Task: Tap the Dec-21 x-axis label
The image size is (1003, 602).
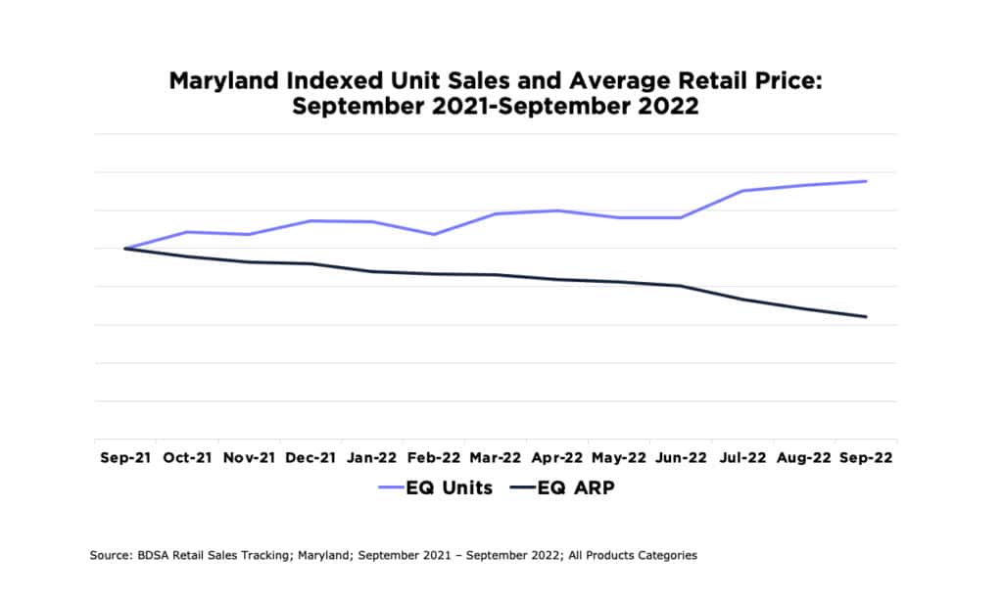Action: pos(310,457)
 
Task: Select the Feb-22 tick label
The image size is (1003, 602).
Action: pos(434,457)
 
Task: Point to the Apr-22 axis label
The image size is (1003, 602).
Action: pos(558,457)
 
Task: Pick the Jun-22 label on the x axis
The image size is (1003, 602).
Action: pos(681,457)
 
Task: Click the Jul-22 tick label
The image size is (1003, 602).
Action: pos(742,457)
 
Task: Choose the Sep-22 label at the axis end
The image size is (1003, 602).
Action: pos(866,457)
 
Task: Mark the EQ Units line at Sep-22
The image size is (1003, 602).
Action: pos(866,181)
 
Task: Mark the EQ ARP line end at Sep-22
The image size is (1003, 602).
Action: pos(866,316)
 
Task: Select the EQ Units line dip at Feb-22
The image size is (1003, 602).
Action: pos(434,234)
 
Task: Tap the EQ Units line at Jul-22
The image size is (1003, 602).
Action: pos(742,191)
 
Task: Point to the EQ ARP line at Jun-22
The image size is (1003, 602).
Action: pos(681,286)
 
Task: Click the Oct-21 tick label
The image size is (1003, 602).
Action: pos(188,457)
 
